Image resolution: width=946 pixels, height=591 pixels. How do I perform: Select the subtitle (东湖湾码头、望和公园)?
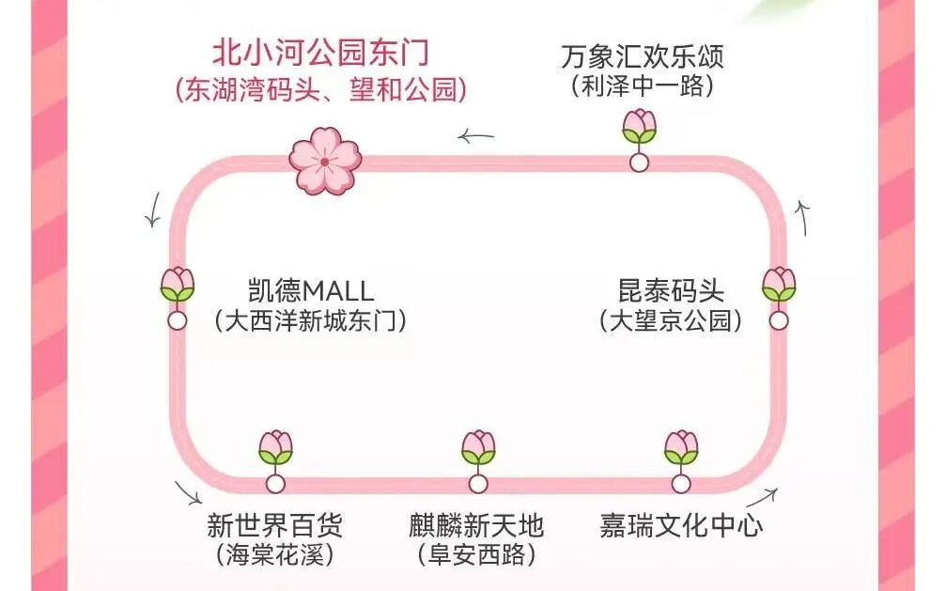click(x=320, y=90)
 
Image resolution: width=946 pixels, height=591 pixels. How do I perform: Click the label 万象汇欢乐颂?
click(x=643, y=55)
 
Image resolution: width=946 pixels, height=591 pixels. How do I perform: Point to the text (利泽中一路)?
click(x=643, y=86)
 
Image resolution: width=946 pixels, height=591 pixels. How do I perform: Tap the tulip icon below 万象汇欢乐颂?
click(x=640, y=127)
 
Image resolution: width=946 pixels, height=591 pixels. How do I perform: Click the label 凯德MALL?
click(x=311, y=289)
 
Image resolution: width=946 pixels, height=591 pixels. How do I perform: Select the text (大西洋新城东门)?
click(x=311, y=321)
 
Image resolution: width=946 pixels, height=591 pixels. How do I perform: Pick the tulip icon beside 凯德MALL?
click(x=177, y=285)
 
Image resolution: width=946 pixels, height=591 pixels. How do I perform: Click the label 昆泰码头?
click(x=671, y=289)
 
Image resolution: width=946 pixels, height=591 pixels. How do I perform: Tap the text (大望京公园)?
click(x=671, y=321)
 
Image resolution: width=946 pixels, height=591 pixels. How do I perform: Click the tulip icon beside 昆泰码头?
click(x=779, y=285)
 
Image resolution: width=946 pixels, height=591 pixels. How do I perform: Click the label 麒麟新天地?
click(x=476, y=524)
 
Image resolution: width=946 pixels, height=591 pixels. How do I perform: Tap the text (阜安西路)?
click(x=476, y=555)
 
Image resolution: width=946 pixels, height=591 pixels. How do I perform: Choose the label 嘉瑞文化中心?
click(x=681, y=524)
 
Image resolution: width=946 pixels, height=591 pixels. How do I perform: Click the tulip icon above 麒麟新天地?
click(x=478, y=448)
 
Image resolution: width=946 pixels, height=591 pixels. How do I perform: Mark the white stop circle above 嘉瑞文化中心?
click(x=681, y=484)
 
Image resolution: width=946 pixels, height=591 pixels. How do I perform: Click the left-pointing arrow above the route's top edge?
click(x=476, y=137)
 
